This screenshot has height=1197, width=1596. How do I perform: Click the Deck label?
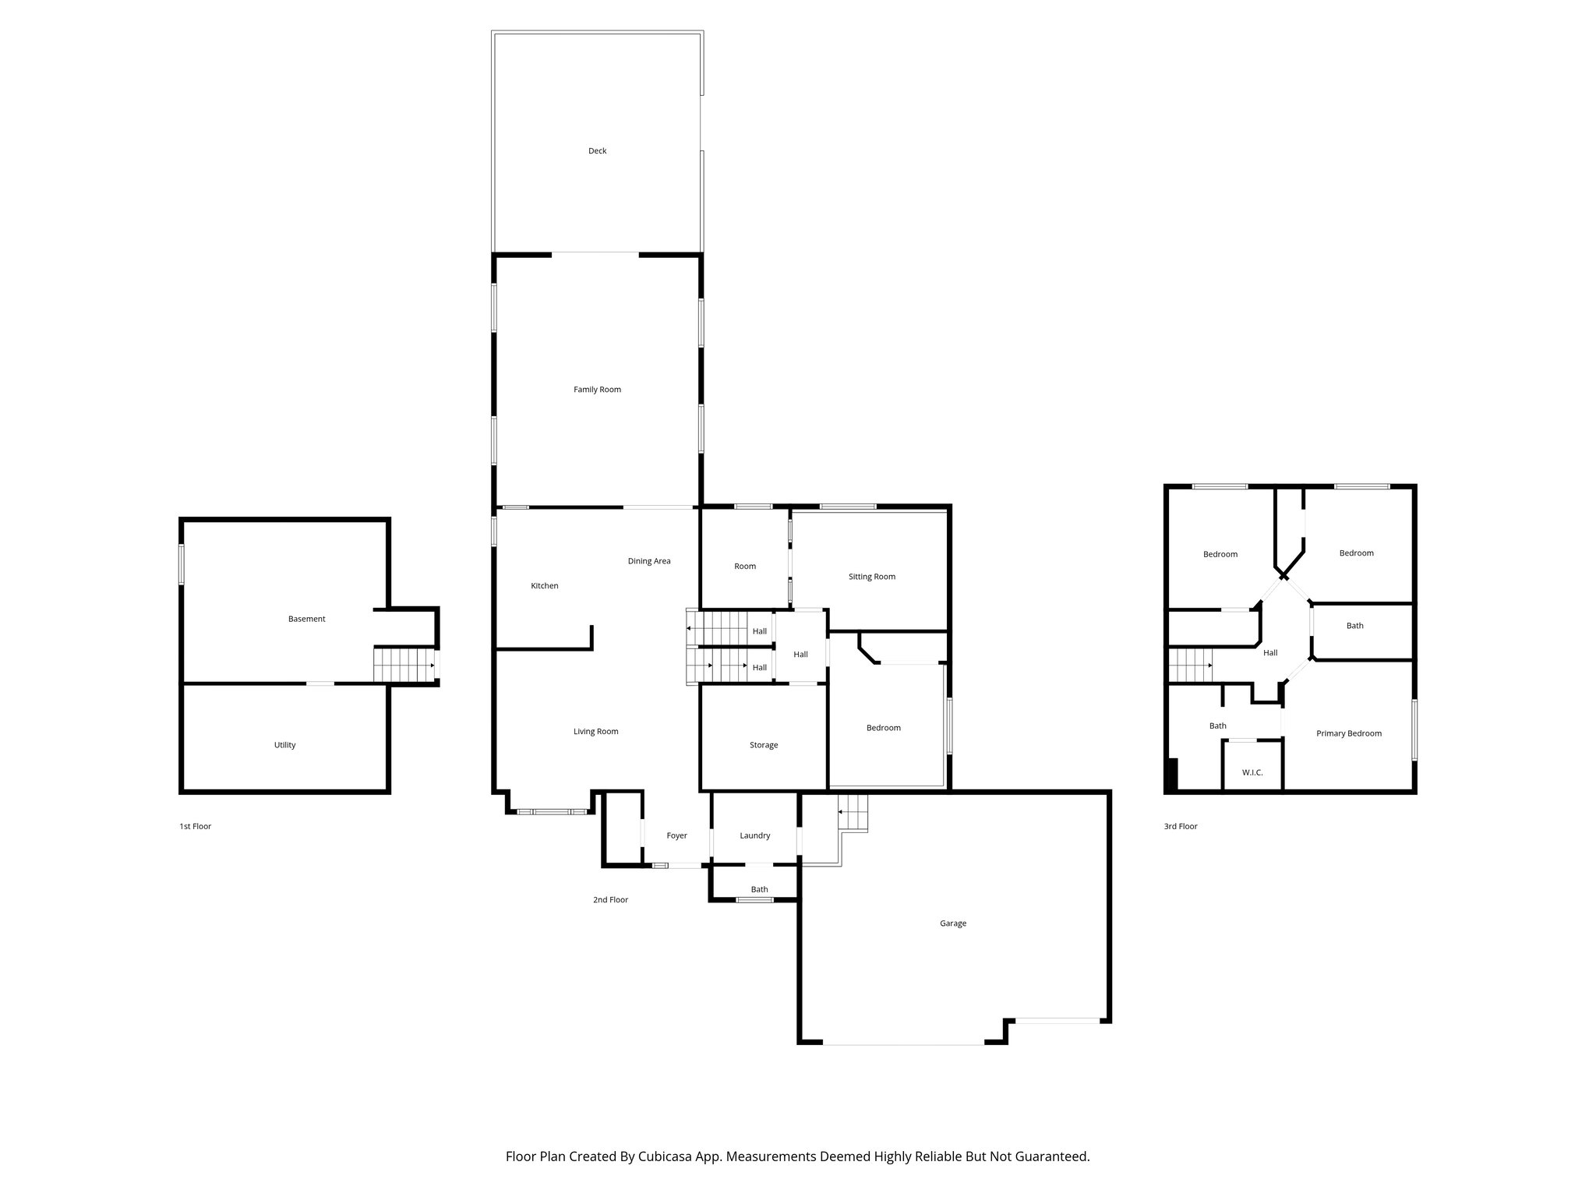point(597,151)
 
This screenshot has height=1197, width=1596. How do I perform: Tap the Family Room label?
point(597,390)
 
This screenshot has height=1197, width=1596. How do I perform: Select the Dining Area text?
point(648,561)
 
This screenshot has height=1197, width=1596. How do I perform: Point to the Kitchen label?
point(544,586)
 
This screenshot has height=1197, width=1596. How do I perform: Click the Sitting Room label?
point(871,577)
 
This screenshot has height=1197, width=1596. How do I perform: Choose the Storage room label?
point(763,745)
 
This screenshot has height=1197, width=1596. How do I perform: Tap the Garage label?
point(952,923)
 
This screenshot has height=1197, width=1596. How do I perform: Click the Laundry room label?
point(754,835)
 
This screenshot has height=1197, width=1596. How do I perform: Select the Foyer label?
point(676,835)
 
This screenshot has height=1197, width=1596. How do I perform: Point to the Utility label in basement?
point(284,745)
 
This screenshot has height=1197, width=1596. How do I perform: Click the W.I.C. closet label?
point(1252,772)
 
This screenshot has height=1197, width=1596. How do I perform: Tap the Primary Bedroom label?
point(1348,733)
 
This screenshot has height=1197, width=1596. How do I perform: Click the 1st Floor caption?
point(195,826)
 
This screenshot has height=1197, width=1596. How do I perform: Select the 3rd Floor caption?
point(1180,826)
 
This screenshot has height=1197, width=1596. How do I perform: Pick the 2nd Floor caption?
point(610,899)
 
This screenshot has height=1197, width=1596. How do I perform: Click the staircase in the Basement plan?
point(404,666)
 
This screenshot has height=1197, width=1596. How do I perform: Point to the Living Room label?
point(595,732)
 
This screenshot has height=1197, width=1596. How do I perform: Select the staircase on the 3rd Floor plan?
point(1189,665)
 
